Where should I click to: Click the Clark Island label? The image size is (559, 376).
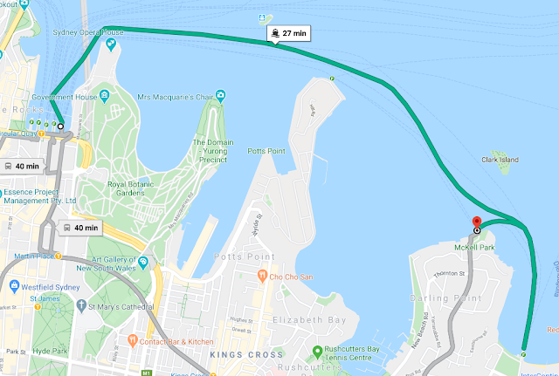coord(500,160)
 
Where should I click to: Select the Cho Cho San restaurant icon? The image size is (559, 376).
coord(261,277)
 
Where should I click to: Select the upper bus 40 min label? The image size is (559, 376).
coord(21,166)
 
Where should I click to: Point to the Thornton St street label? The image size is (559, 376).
coord(448,274)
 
